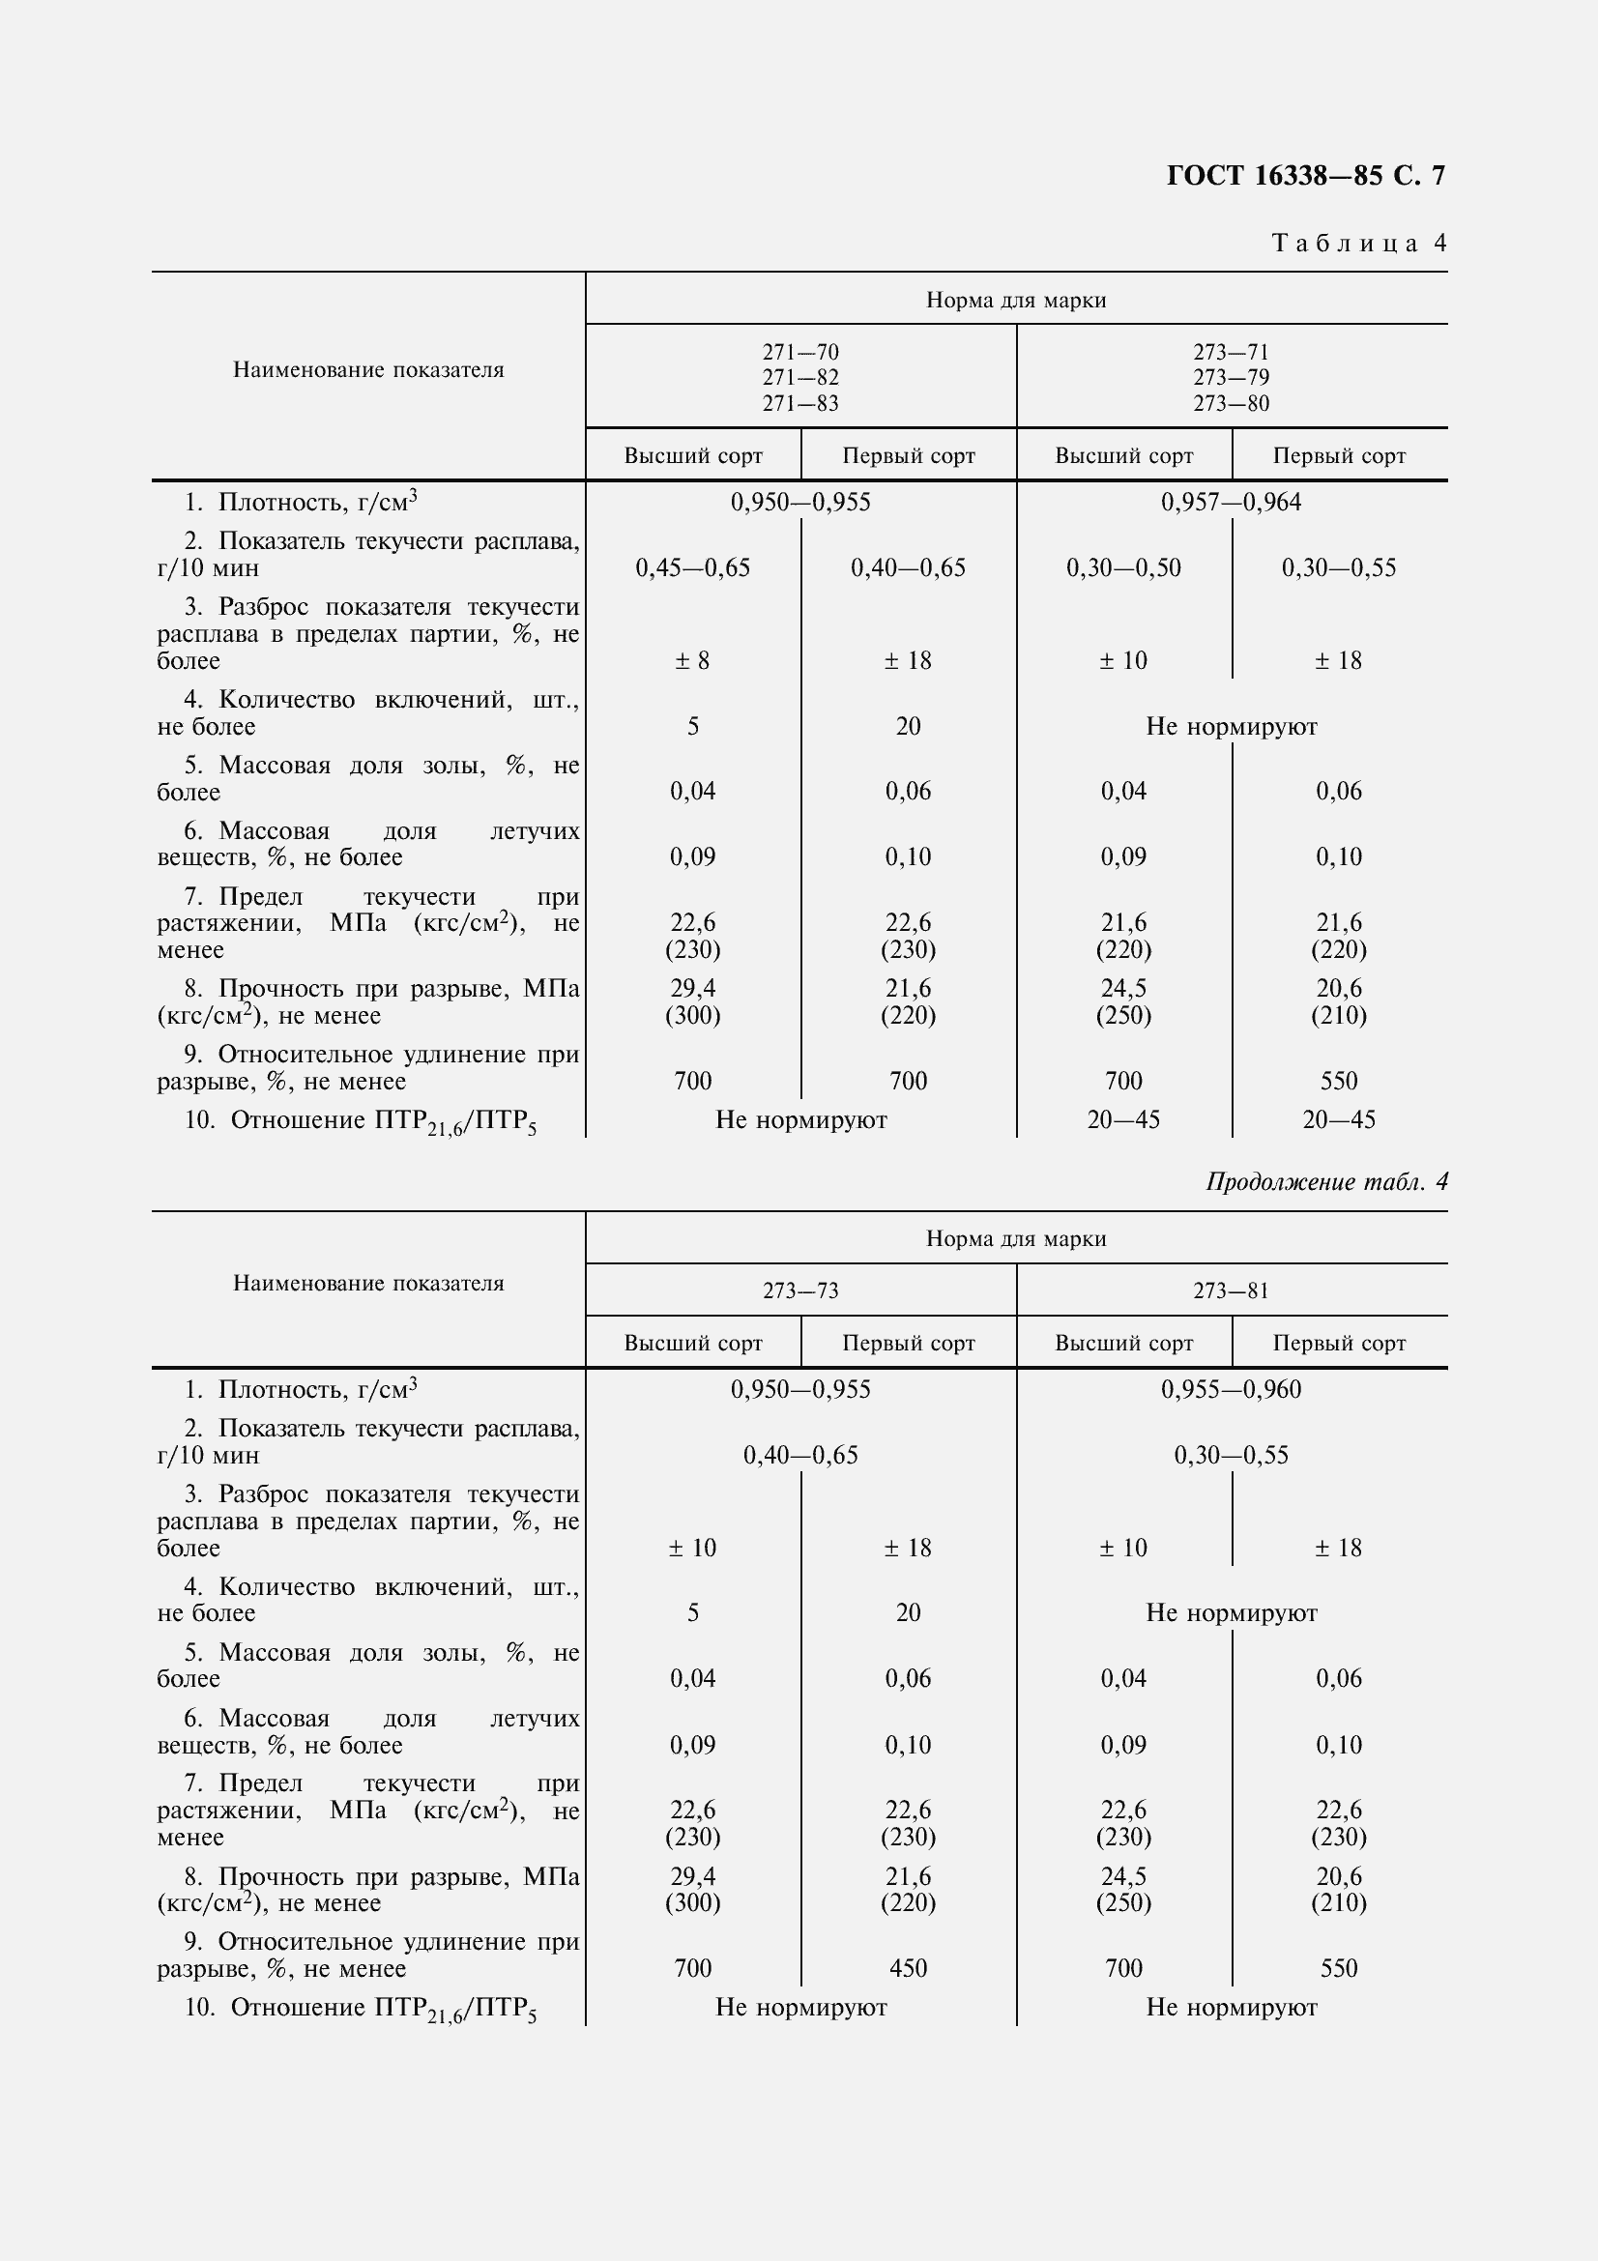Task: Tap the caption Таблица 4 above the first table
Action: point(1359,244)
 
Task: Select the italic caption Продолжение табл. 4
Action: point(1326,1181)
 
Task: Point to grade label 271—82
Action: point(800,378)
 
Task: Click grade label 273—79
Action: point(1231,378)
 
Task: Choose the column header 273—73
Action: point(800,1291)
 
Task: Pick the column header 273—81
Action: point(1231,1291)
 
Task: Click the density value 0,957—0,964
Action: point(1231,504)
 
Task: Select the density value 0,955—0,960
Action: point(1231,1390)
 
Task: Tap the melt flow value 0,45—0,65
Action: point(693,568)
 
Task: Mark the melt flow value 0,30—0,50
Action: point(1123,568)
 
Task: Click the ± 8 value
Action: point(693,661)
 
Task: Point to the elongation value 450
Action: point(908,1968)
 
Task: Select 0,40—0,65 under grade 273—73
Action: point(800,1456)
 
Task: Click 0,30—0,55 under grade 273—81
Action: point(1231,1456)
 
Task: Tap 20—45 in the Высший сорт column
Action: point(1123,1120)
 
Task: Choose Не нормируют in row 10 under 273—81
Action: point(1231,2008)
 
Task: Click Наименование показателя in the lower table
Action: point(368,1284)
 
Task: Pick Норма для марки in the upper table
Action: point(1016,302)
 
